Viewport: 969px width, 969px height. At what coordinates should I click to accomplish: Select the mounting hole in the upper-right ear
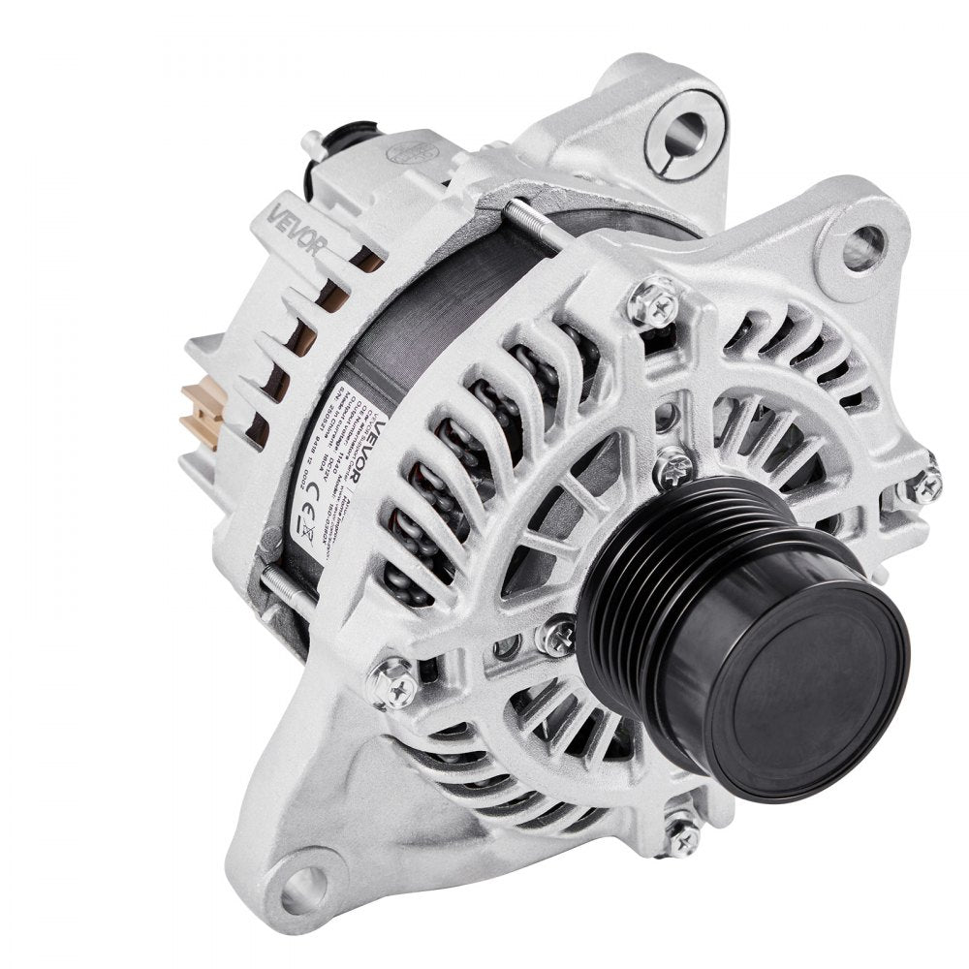pyautogui.click(x=862, y=247)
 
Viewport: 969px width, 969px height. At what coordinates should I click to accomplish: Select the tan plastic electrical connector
pyautogui.click(x=202, y=412)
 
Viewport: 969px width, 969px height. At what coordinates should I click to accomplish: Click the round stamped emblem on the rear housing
pyautogui.click(x=406, y=151)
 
